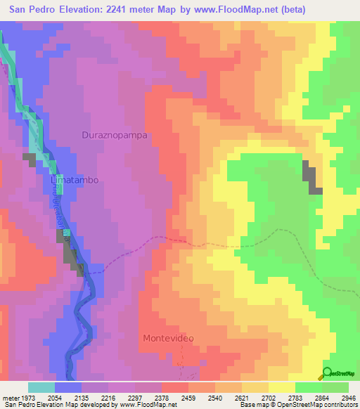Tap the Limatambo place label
pos(74,180)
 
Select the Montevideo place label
pos(168,338)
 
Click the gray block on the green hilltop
pos(311,177)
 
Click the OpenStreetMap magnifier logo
pos(328,373)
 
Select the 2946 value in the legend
pos(349,397)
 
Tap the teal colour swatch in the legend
pos(41,387)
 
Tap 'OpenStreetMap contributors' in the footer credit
pos(323,405)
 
